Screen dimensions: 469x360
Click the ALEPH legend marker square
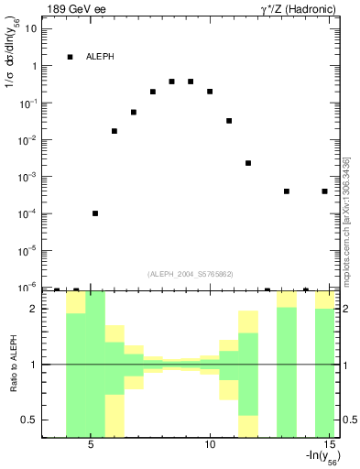[x=70, y=57]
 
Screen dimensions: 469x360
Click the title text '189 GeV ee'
[x=72, y=10]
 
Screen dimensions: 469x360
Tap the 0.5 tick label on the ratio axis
[x=28, y=420]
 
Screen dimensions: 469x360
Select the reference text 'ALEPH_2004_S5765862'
[x=191, y=273]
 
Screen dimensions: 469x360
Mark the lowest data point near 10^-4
[x=95, y=213]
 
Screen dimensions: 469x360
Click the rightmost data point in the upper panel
[x=324, y=191]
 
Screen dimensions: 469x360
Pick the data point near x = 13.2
[x=287, y=191]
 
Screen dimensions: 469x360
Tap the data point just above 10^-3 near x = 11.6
[x=248, y=163]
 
